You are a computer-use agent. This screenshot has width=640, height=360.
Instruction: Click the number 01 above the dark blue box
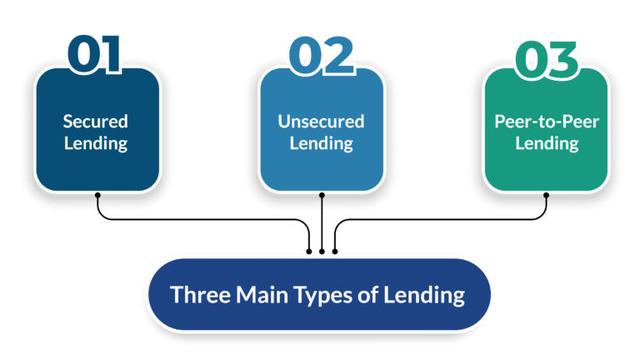point(94,55)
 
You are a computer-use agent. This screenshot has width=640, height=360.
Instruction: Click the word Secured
point(96,121)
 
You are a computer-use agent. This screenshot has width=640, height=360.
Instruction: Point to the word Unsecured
point(321,121)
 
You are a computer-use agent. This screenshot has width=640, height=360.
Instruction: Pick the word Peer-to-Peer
point(547,121)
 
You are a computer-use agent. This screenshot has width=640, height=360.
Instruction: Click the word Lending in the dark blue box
point(96,142)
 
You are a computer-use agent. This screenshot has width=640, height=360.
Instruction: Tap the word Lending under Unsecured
point(321,142)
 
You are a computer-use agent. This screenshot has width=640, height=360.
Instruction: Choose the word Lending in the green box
point(547,142)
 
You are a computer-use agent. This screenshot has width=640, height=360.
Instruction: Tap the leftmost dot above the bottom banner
point(309,250)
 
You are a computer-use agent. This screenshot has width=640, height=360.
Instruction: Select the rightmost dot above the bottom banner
point(335,250)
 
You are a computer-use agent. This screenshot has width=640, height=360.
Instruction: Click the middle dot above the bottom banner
point(322,250)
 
